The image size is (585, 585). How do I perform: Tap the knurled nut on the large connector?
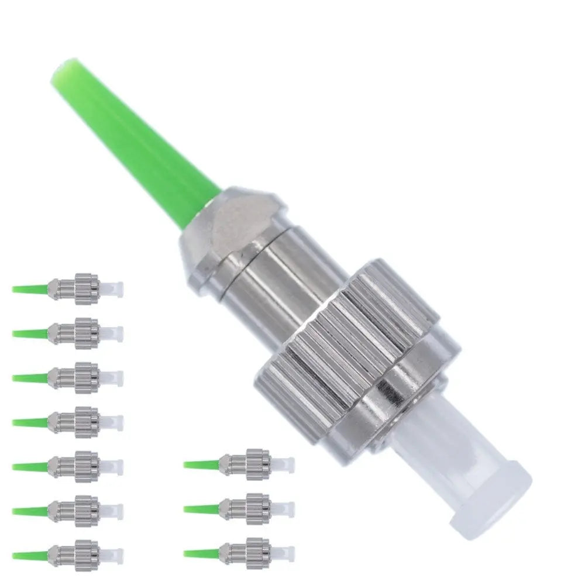[351, 345]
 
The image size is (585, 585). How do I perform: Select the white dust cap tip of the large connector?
[497, 491]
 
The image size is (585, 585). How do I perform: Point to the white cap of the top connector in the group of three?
[286, 464]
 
